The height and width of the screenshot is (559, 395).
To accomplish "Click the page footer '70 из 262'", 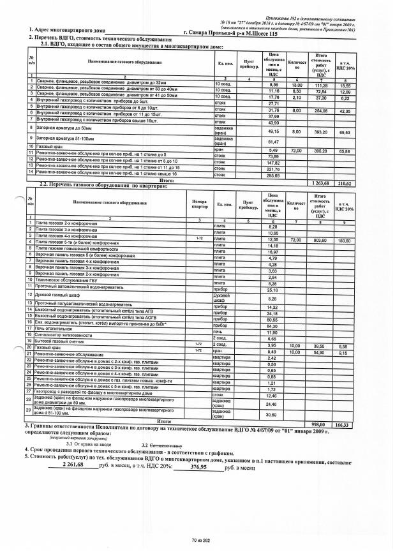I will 200,540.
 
